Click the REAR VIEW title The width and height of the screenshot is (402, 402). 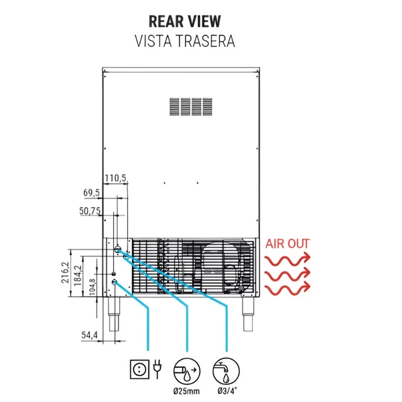click(185, 21)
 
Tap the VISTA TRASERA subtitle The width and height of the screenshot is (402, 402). click(185, 42)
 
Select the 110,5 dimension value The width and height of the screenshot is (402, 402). click(116, 178)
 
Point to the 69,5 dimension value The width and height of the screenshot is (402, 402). click(92, 193)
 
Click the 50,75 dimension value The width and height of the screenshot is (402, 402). click(90, 211)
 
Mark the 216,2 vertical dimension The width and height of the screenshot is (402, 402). click(65, 273)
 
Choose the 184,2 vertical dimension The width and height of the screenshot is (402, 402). click(78, 275)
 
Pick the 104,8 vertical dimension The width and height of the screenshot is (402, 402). click(92, 287)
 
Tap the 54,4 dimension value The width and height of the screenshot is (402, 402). click(90, 335)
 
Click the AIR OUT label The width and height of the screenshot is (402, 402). click(287, 244)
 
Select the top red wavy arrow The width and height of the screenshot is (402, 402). click(287, 259)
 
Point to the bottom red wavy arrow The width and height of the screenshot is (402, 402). click(287, 287)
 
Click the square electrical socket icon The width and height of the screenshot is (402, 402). click(140, 369)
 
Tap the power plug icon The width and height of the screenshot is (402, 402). click(157, 368)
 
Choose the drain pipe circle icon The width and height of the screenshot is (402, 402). click(187, 371)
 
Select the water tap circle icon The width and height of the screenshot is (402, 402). click(226, 371)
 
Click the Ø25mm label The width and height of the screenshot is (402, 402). click(186, 391)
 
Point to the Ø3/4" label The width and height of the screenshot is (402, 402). click(227, 391)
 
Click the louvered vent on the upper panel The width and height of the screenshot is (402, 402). click(191, 107)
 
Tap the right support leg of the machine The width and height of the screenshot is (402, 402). click(248, 314)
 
